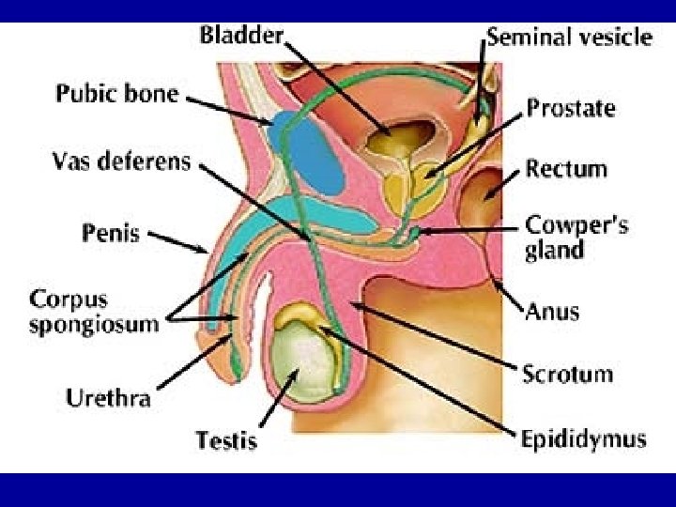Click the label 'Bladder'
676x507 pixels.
coord(240,36)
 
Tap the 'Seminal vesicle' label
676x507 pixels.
coord(568,38)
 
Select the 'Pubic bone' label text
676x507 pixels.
coord(116,93)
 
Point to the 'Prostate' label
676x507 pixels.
coord(570,108)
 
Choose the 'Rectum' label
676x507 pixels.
coord(566,170)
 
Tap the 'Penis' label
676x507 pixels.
coord(111,231)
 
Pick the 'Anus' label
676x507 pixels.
coord(552,311)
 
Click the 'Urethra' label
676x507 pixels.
coord(108,398)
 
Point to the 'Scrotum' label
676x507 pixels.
coord(567,374)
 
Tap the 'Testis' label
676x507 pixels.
coord(225,438)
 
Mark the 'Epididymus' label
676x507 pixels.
coord(583,438)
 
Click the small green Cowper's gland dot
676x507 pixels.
coord(415,230)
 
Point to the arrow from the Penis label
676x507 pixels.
coord(178,241)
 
